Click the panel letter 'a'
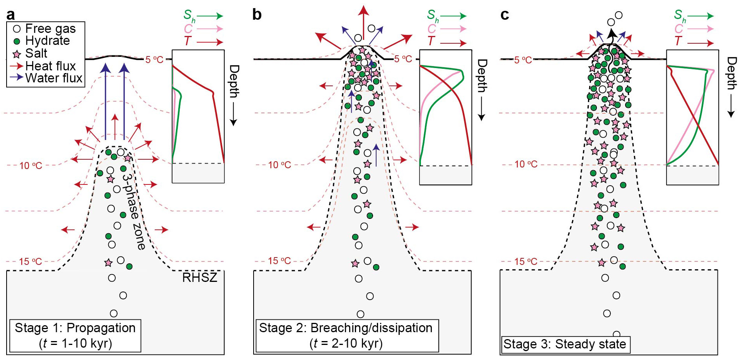point(11,15)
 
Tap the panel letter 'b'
point(257,14)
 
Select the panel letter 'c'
point(504,15)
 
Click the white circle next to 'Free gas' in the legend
point(17,29)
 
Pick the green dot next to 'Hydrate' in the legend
point(17,41)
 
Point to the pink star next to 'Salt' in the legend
point(17,54)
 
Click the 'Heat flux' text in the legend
point(51,66)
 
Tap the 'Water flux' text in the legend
point(54,78)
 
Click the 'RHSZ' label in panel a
point(199,277)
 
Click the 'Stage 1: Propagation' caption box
point(75,336)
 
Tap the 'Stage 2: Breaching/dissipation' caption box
point(347,336)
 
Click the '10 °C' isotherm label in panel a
point(31,165)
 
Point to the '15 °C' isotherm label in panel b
point(279,261)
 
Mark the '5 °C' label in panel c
point(523,60)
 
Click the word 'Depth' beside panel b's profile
point(482,76)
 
